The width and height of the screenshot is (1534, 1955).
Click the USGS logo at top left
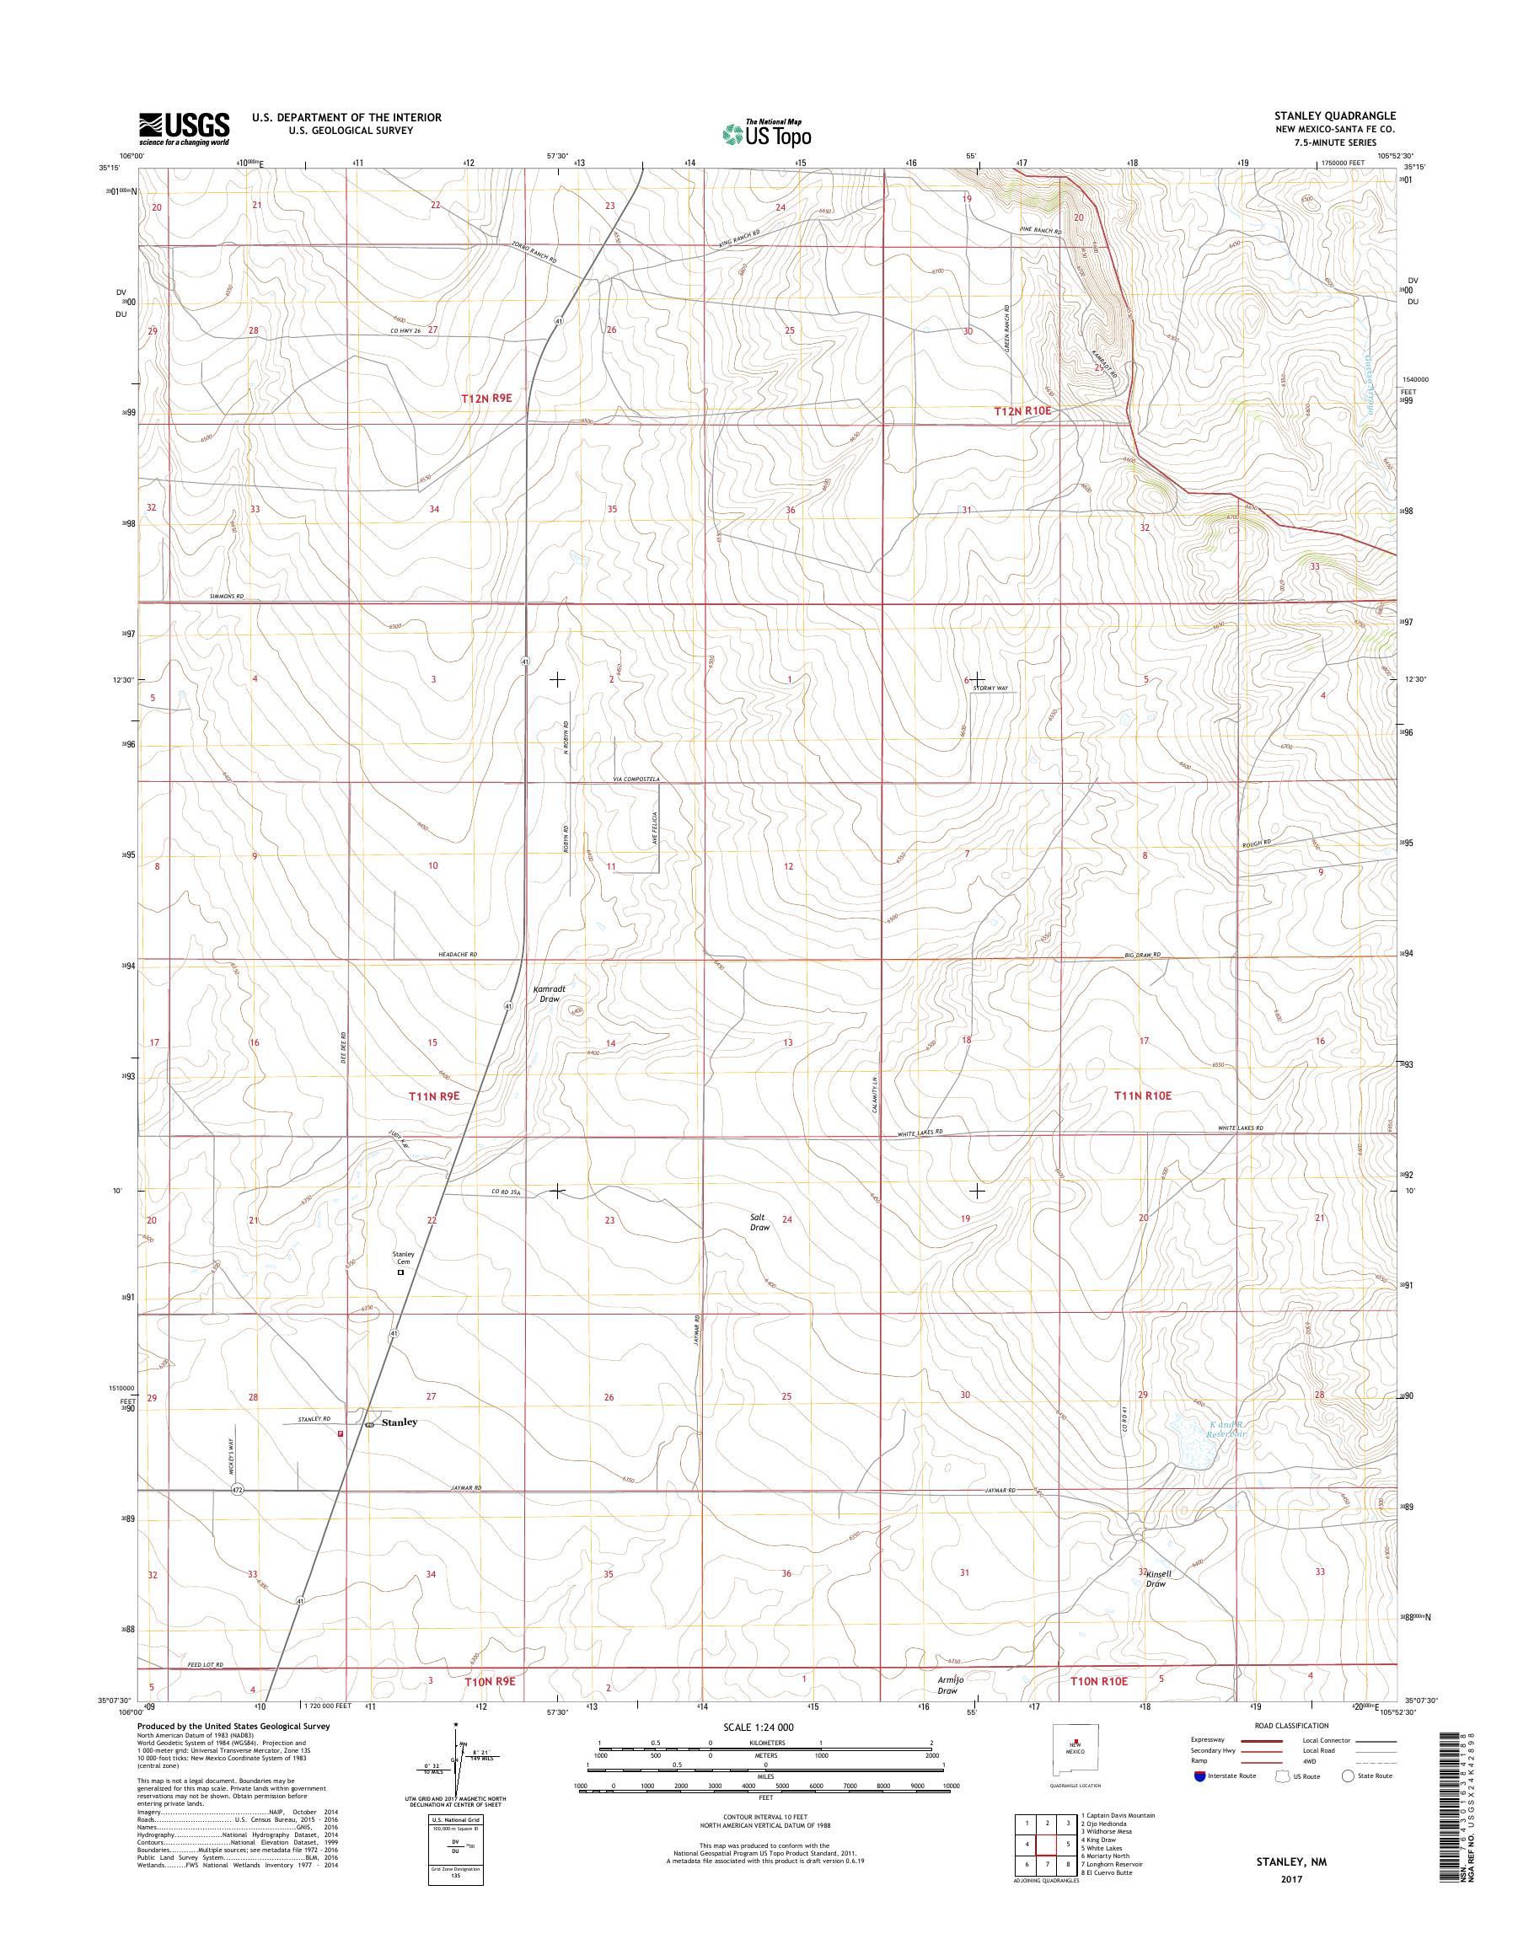tap(184, 128)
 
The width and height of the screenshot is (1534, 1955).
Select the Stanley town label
tap(400, 1422)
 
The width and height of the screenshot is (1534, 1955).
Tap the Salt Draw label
tap(759, 1222)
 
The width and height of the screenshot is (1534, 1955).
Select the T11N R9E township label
tap(434, 1095)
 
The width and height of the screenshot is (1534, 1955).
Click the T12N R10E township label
tap(1022, 410)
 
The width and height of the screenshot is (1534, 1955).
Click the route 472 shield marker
tap(236, 1490)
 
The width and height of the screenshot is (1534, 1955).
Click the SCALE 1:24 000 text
tap(758, 1727)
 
